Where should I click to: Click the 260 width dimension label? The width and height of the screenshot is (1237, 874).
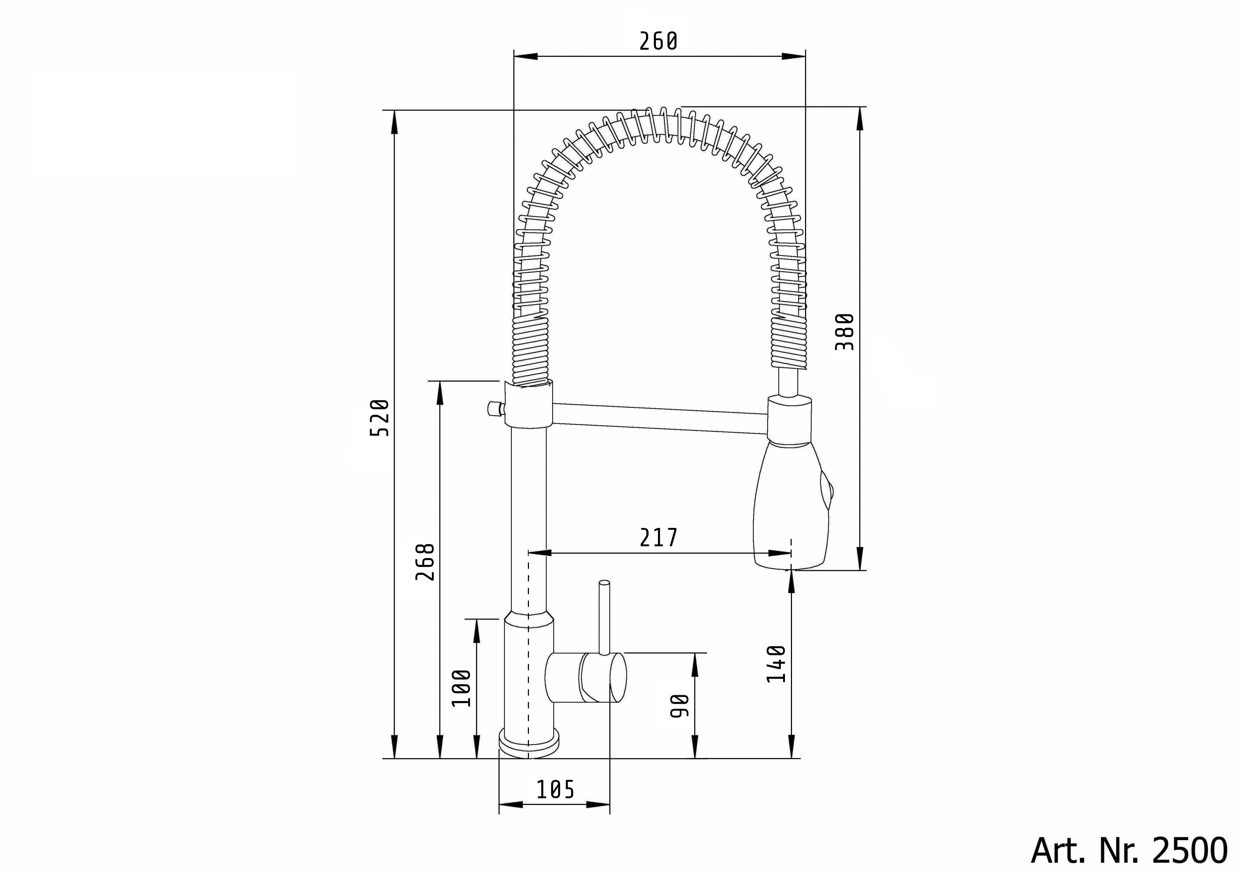tap(658, 42)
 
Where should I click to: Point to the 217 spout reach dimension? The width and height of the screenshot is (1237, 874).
tap(658, 537)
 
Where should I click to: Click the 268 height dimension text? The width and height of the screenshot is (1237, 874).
tap(425, 562)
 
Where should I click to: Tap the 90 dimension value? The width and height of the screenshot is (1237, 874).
tap(680, 706)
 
